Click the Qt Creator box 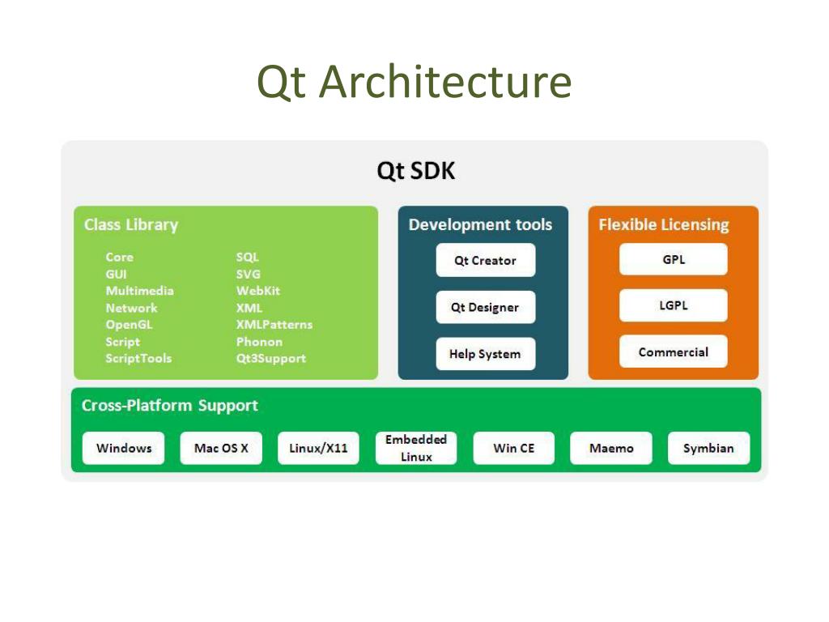485,261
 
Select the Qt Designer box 485,308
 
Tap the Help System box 485,354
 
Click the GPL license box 673,260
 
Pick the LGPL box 673,306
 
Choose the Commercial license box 673,352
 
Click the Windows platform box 124,448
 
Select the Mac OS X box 221,448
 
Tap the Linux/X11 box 318,448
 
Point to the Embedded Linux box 416,448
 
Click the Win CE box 514,448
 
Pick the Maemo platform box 611,448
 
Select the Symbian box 708,448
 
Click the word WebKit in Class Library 258,291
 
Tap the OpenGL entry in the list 129,325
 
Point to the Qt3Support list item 271,359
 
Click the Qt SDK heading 416,172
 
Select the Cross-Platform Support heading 170,406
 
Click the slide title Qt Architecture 414,83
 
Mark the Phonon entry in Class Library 259,342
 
